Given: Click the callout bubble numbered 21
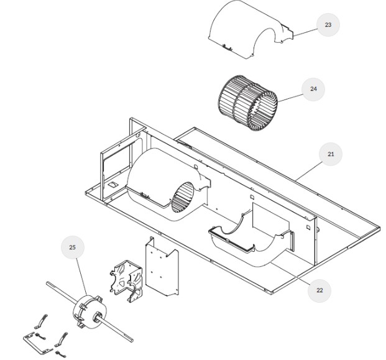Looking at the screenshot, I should pyautogui.click(x=331, y=154).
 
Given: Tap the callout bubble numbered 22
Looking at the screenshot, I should pyautogui.click(x=319, y=290).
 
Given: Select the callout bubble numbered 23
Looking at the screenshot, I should pyautogui.click(x=328, y=25).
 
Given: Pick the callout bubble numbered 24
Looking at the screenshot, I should pyautogui.click(x=313, y=89).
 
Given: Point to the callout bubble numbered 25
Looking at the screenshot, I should pyautogui.click(x=72, y=247).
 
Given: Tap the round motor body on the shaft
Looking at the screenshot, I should pyautogui.click(x=88, y=311).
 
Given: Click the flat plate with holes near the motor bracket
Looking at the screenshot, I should pyautogui.click(x=160, y=267).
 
